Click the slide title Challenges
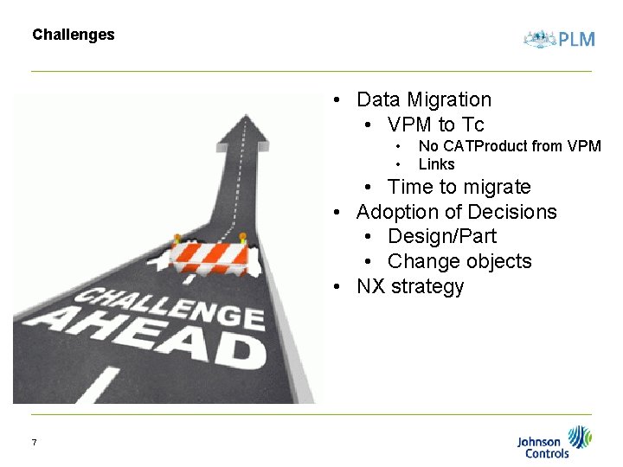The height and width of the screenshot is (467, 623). [x=73, y=35]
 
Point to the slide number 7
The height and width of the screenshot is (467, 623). [x=34, y=443]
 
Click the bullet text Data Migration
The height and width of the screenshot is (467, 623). [x=423, y=99]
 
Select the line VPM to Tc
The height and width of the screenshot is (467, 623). [x=435, y=125]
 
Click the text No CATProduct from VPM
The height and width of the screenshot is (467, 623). [x=509, y=146]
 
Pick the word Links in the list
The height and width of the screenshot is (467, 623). [x=436, y=164]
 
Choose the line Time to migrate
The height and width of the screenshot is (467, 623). [x=459, y=187]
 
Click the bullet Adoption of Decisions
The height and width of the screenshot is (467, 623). [x=456, y=212]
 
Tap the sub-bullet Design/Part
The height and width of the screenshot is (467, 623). [x=441, y=236]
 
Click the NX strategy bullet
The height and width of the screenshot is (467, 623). [x=410, y=286]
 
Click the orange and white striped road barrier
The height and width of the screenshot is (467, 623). [x=209, y=256]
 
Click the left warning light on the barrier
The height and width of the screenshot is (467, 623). [x=177, y=238]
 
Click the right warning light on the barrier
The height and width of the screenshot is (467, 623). [x=242, y=236]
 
